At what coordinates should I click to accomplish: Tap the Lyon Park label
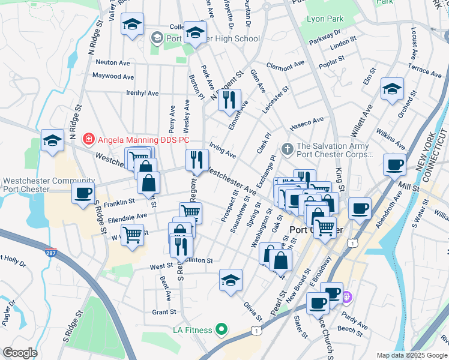[x=325, y=19]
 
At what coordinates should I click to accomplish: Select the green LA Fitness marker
[x=221, y=329]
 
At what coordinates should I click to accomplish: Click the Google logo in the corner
[x=19, y=353]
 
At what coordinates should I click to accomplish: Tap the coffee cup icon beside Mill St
[x=394, y=164]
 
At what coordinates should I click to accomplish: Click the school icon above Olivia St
[x=231, y=280]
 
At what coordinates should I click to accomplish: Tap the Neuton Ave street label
[x=113, y=62]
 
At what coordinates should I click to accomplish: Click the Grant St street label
[x=163, y=312]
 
